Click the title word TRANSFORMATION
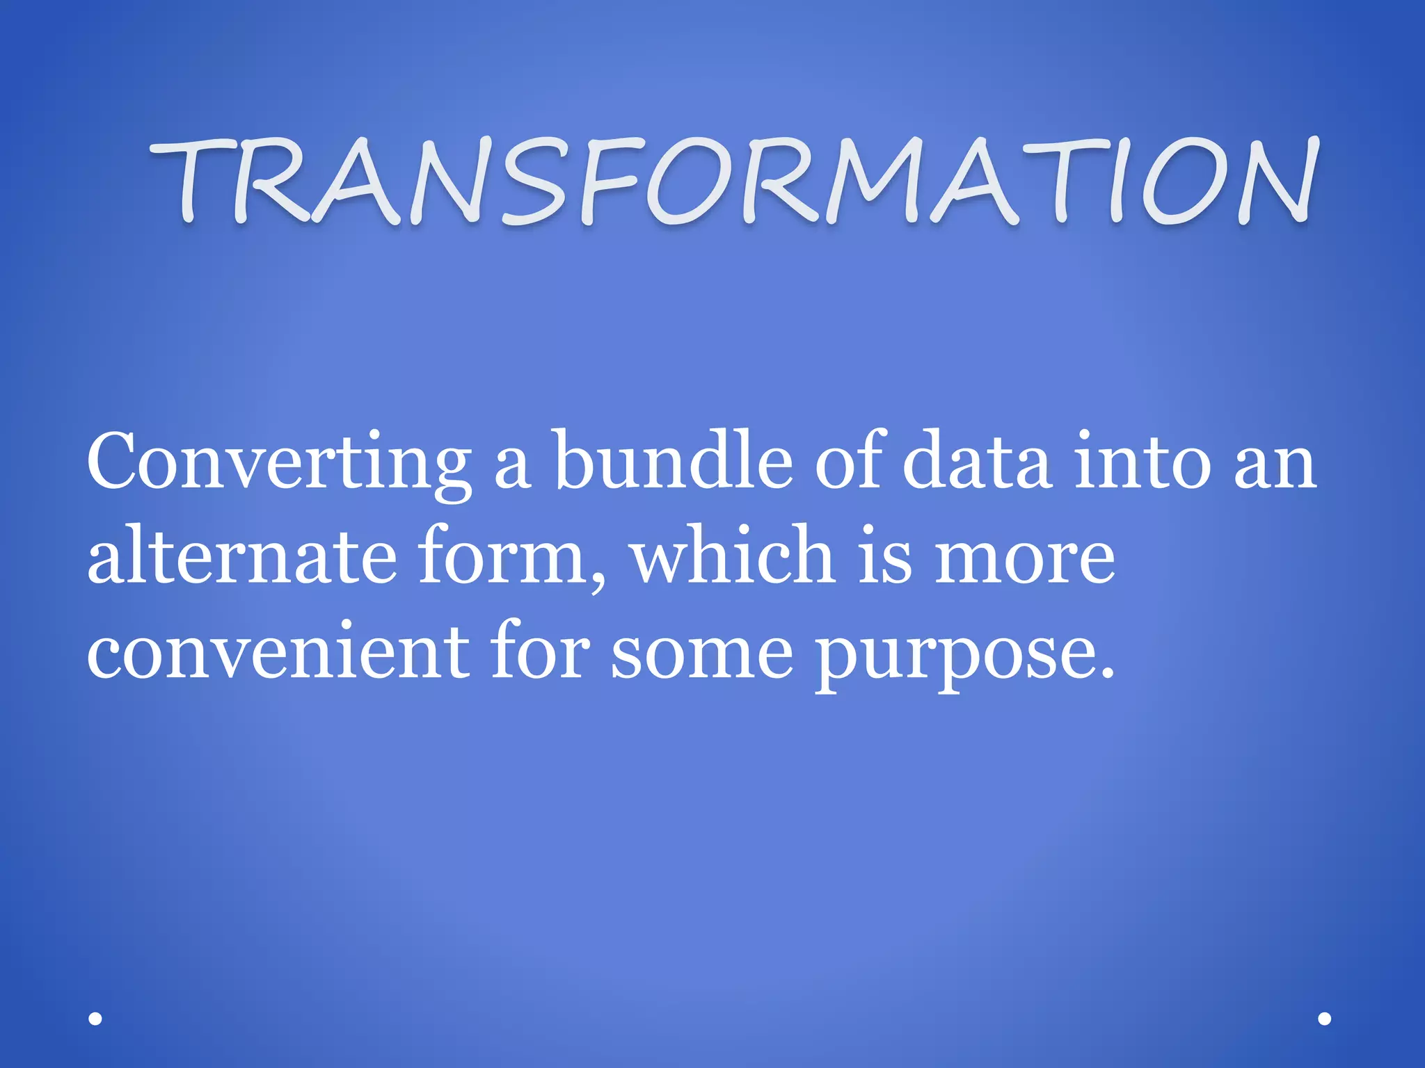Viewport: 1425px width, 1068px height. coord(733,182)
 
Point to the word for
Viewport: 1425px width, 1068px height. coord(540,650)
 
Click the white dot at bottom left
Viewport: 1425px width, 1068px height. coord(95,1019)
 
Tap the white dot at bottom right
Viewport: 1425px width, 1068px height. coord(1325,1019)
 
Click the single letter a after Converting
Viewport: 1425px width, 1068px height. coord(513,466)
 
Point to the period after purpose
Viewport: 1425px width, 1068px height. coord(1107,672)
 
